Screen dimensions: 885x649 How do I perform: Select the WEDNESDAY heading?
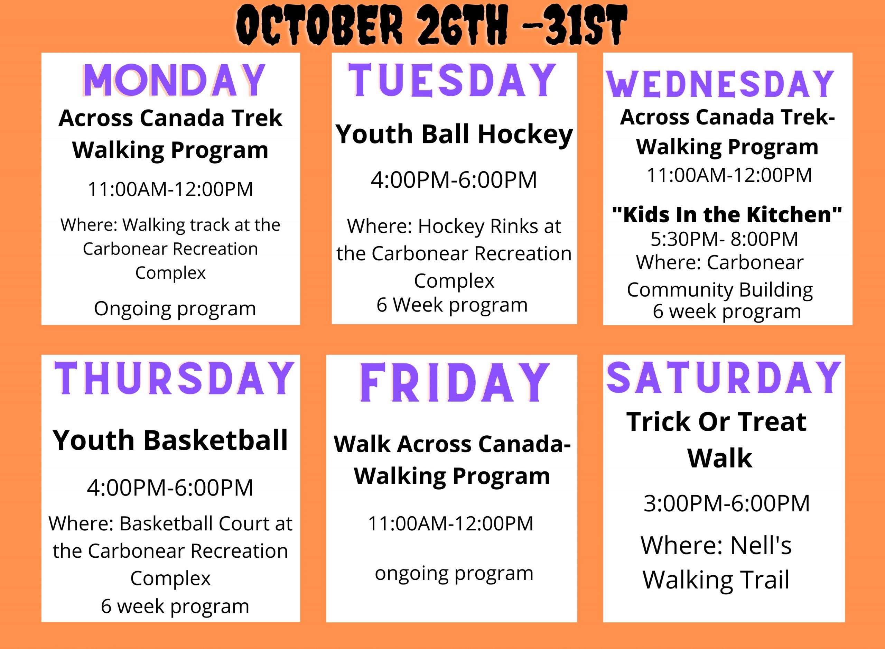[x=720, y=84]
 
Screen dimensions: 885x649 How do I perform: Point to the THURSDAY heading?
[x=174, y=378]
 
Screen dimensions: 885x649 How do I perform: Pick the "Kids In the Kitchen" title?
[x=727, y=214]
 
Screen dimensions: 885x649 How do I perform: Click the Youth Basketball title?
[x=170, y=440]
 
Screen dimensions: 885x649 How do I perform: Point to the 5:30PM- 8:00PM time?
[x=724, y=239]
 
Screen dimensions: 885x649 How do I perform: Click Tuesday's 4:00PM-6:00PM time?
[x=454, y=180]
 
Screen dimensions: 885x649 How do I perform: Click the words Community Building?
[x=720, y=290]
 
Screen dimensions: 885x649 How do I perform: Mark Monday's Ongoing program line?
[x=175, y=309]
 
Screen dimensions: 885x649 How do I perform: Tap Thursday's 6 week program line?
[x=175, y=606]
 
